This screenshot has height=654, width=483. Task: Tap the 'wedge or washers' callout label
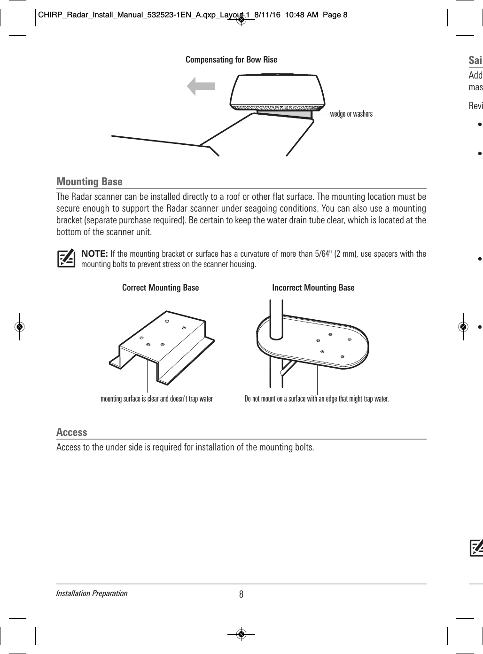(x=351, y=114)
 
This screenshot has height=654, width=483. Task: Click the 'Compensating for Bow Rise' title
(x=231, y=60)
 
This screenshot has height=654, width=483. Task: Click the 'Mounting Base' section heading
(x=89, y=181)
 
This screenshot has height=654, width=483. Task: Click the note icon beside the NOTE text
(x=66, y=258)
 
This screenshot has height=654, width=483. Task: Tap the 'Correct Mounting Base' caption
(x=160, y=287)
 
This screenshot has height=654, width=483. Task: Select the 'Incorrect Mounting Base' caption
(x=313, y=287)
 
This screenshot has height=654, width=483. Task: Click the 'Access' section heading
(x=72, y=432)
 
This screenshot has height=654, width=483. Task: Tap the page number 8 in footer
(x=241, y=594)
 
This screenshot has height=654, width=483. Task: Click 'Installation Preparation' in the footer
(x=92, y=593)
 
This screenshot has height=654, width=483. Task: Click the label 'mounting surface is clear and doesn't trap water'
(x=157, y=399)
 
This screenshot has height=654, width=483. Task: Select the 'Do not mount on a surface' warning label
(x=317, y=399)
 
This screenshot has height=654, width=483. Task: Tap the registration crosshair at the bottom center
(x=241, y=634)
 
